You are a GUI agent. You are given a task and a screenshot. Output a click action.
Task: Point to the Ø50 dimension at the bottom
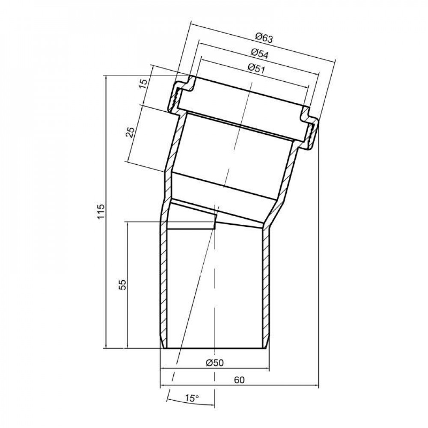click(214, 363)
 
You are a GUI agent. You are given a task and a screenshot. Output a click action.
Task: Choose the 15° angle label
click(192, 398)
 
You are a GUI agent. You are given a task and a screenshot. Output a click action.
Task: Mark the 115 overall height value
click(101, 212)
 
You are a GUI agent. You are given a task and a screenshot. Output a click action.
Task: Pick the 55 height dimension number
click(122, 285)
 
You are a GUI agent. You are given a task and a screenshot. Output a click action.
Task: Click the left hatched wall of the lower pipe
click(163, 287)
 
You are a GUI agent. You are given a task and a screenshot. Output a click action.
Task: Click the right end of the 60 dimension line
click(318, 386)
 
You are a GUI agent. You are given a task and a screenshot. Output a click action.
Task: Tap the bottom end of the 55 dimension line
click(128, 348)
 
